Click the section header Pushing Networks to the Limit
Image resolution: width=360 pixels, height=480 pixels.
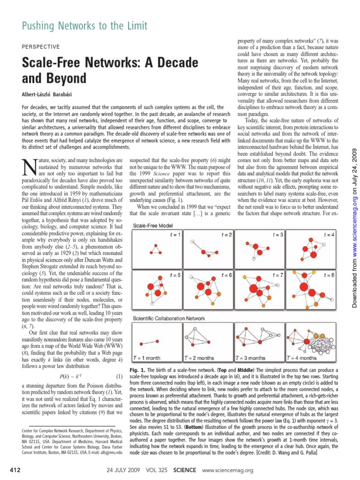85,26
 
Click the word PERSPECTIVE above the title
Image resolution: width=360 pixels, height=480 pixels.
41,47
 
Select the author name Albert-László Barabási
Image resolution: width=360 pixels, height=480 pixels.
57,93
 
